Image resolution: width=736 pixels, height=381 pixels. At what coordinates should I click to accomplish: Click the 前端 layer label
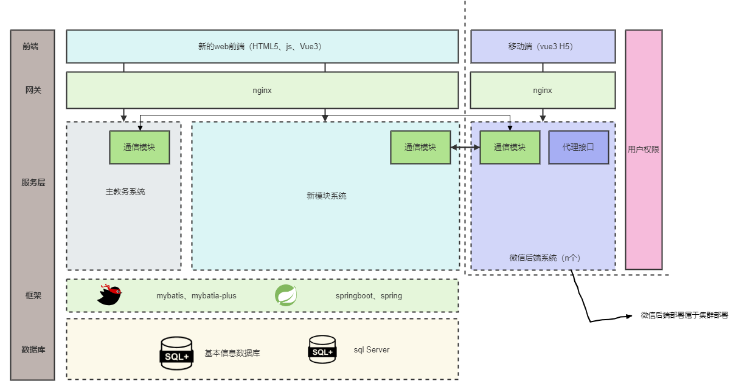(x=30, y=46)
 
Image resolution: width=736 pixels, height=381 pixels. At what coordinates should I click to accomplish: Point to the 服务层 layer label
(x=33, y=182)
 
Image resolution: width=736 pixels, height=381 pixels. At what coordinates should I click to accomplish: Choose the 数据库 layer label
(x=33, y=349)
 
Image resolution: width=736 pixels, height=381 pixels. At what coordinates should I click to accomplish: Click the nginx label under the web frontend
(x=262, y=90)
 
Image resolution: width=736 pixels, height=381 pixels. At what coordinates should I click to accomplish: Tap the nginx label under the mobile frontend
(x=543, y=90)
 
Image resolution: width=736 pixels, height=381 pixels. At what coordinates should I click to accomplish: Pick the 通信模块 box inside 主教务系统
(x=139, y=147)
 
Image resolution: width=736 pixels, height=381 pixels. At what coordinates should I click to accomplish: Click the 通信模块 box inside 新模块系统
(x=420, y=147)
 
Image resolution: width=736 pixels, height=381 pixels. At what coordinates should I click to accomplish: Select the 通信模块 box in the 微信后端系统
(x=510, y=147)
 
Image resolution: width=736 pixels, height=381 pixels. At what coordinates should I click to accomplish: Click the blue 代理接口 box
(x=578, y=147)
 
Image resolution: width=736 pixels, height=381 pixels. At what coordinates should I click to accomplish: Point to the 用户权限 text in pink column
(x=644, y=149)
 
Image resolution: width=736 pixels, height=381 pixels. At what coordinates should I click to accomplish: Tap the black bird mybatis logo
(x=110, y=295)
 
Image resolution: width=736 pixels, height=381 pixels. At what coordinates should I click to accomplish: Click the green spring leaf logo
(x=286, y=295)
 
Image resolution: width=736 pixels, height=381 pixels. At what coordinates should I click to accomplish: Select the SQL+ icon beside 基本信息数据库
(x=176, y=353)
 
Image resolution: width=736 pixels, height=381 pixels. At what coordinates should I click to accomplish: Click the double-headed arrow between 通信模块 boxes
(x=465, y=148)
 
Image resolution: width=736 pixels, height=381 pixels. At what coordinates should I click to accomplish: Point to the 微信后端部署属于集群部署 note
(x=684, y=315)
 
